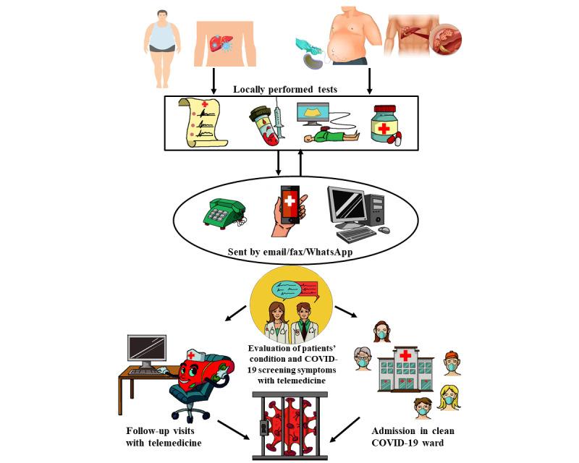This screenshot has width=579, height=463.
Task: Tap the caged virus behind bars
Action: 289,426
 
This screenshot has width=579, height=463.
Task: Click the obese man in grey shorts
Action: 162,37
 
